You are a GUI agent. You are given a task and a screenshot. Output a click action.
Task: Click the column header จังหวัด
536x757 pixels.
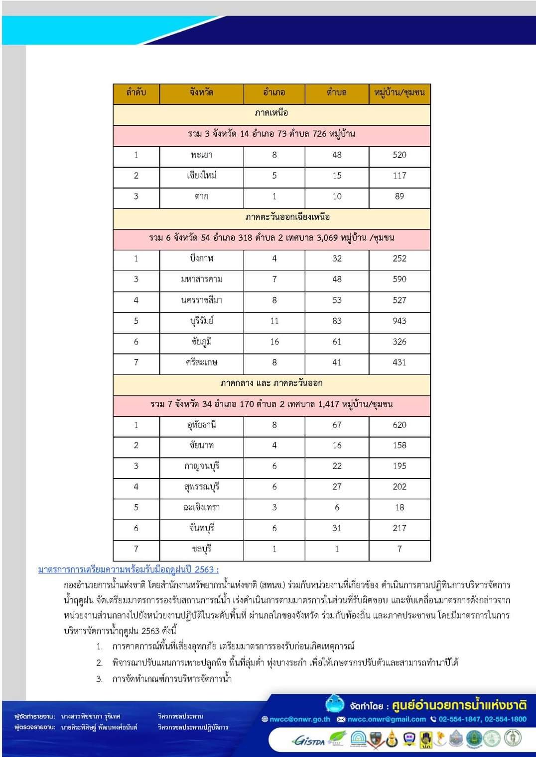click(x=201, y=93)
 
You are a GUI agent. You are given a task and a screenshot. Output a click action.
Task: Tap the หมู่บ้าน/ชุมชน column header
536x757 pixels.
click(x=399, y=93)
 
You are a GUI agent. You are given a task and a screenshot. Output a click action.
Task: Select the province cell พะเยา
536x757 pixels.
click(x=201, y=155)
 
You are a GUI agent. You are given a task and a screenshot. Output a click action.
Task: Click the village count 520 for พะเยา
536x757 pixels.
click(x=399, y=155)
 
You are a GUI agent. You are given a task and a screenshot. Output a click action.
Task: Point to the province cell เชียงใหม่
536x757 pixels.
click(x=201, y=176)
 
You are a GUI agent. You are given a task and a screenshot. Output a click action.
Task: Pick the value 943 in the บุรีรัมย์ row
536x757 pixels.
click(x=399, y=321)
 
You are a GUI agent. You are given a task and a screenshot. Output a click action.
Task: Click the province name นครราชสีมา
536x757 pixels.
click(x=201, y=300)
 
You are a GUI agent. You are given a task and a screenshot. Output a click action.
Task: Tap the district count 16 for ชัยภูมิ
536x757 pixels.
click(x=274, y=342)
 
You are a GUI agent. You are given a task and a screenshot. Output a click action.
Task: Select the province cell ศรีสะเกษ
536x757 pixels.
click(x=201, y=363)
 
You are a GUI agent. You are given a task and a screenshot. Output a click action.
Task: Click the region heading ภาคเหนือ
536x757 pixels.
click(x=271, y=113)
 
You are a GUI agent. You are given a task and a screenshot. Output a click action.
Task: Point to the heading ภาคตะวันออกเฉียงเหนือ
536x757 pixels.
click(x=287, y=217)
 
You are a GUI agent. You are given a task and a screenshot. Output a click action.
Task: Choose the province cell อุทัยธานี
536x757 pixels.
click(x=201, y=425)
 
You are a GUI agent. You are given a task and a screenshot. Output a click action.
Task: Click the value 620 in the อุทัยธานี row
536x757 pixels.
click(x=399, y=425)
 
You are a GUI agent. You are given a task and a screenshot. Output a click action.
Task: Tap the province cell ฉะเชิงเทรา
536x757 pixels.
click(x=201, y=508)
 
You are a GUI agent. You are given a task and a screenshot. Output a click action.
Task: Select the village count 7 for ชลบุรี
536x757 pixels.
click(x=399, y=549)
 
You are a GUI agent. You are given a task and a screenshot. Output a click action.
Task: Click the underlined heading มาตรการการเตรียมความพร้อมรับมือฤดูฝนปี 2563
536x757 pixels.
click(x=129, y=570)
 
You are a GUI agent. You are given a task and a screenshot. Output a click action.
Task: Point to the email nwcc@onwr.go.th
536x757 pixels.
click(x=299, y=719)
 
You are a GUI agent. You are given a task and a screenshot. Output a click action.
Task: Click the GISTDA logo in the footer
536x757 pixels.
click(x=309, y=741)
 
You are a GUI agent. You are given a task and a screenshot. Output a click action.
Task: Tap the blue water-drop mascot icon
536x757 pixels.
click(x=335, y=704)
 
